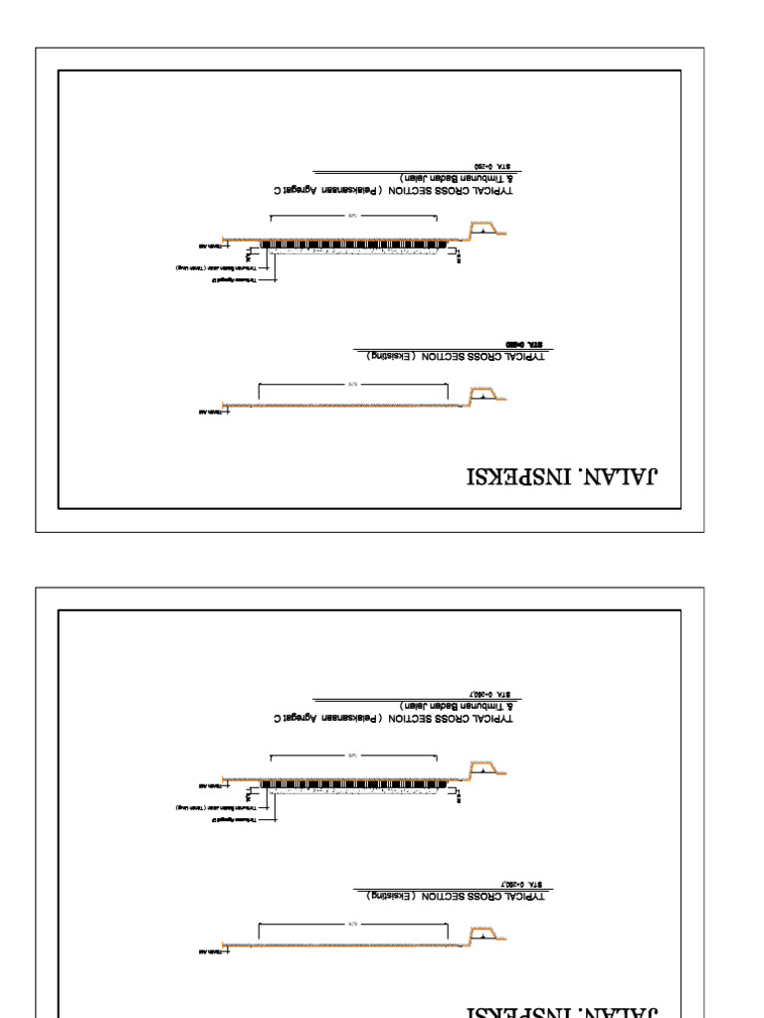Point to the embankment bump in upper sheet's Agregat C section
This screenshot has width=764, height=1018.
click(x=485, y=231)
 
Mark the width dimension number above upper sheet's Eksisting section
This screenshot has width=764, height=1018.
click(x=352, y=383)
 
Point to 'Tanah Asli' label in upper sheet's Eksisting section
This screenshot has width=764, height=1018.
click(x=209, y=410)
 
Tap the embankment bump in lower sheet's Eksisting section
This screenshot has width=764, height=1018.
click(x=485, y=935)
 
